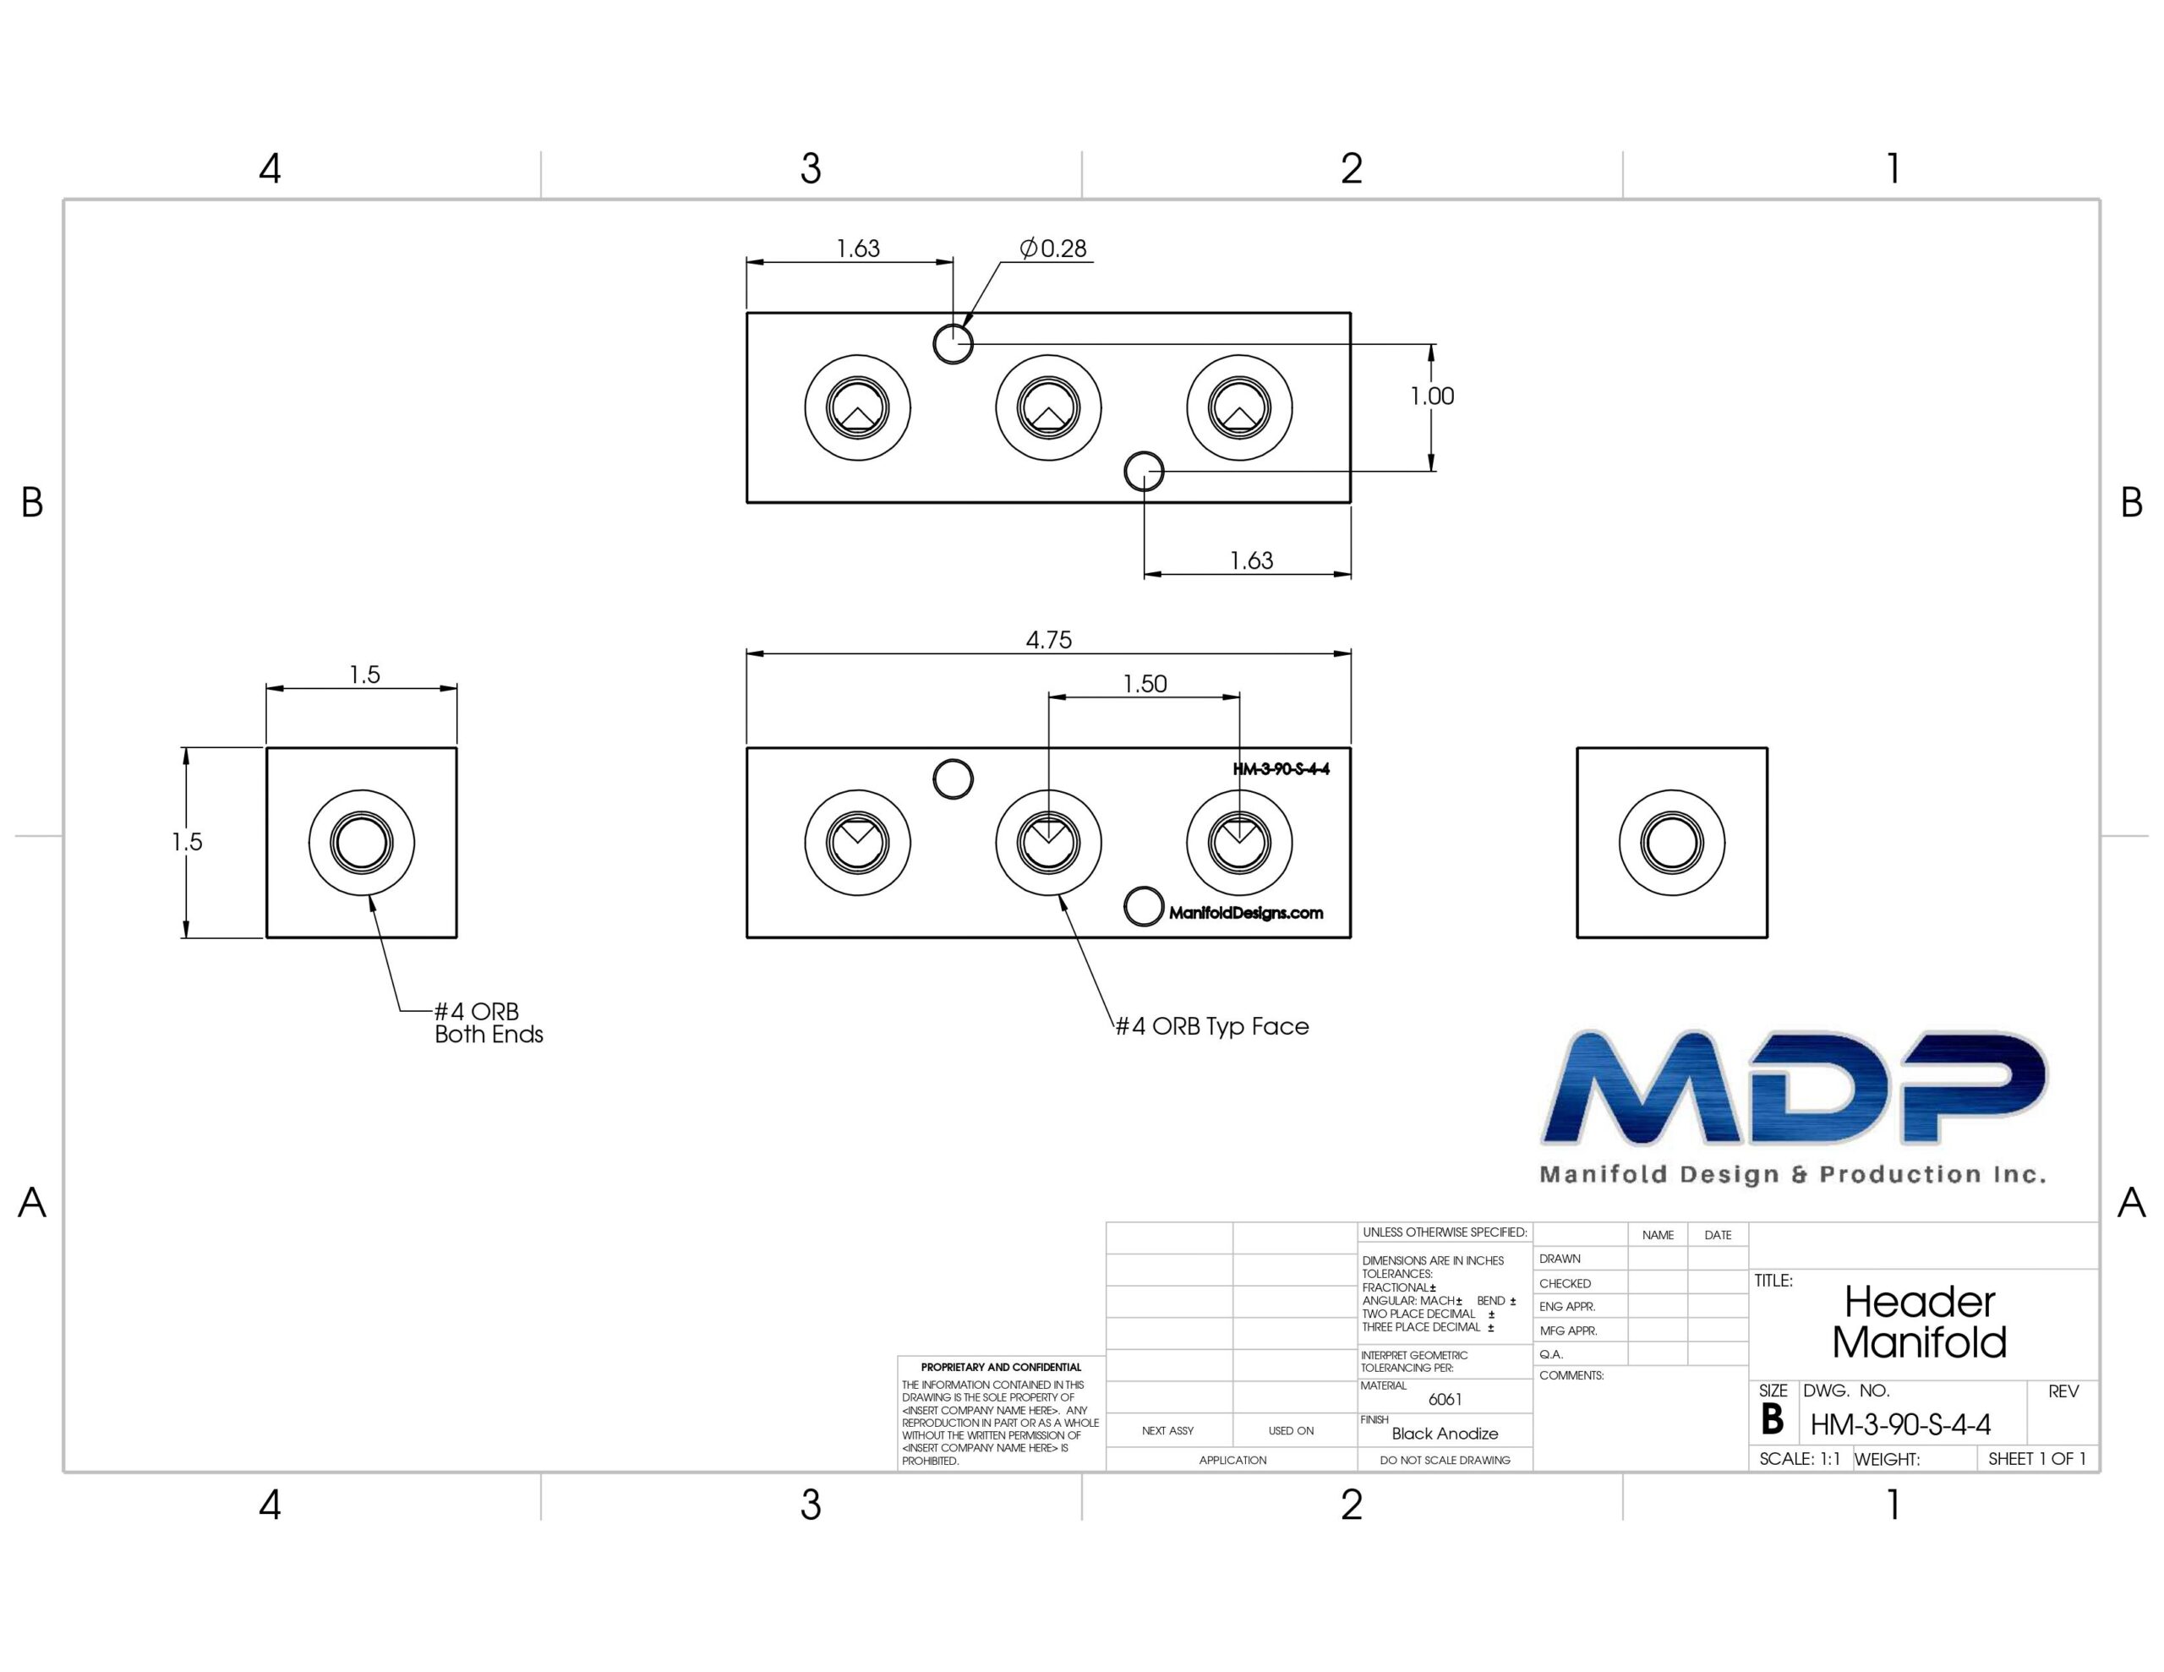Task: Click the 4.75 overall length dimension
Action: (x=1048, y=640)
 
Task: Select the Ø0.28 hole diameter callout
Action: (x=1053, y=248)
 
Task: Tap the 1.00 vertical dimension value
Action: (x=1432, y=396)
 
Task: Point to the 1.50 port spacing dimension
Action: (x=1145, y=684)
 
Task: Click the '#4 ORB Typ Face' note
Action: (x=1212, y=1027)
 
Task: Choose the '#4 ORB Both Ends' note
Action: (x=489, y=1023)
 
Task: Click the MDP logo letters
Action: (x=1795, y=1087)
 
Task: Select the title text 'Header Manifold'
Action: (x=1919, y=1322)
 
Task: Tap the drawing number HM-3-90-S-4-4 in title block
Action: (x=1900, y=1425)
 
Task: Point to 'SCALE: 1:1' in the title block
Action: (x=1800, y=1459)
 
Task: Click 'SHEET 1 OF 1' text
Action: (x=2037, y=1459)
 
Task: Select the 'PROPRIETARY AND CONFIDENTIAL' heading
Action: (x=1001, y=1367)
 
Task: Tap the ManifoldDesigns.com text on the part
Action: (x=1245, y=913)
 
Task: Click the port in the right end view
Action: (x=1671, y=843)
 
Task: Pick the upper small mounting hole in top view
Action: (x=954, y=344)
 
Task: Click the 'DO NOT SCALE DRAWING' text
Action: (x=1445, y=1460)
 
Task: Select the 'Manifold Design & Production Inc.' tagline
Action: (x=1792, y=1174)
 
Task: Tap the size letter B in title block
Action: (x=1772, y=1420)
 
